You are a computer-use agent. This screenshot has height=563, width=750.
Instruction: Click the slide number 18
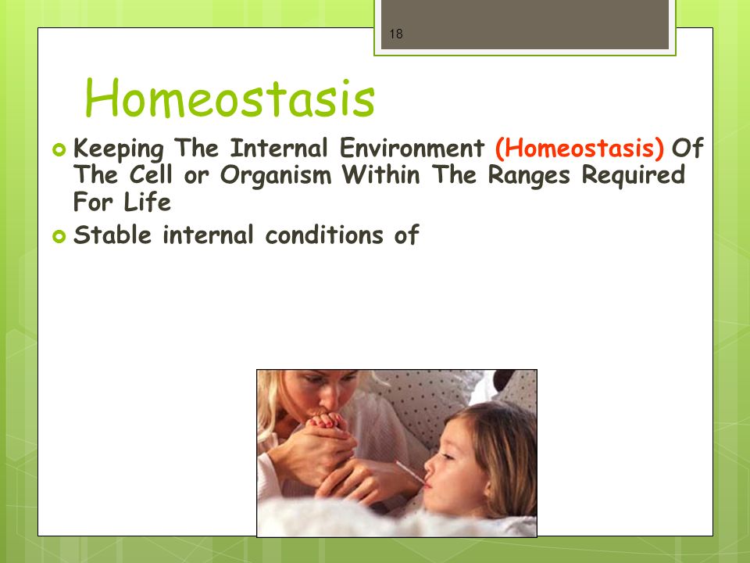pyautogui.click(x=396, y=34)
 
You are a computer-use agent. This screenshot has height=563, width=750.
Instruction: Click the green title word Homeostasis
pyautogui.click(x=230, y=99)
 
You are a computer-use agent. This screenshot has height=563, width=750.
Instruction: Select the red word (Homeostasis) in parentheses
pyautogui.click(x=579, y=148)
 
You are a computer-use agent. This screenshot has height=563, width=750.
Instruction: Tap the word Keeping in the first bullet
pyautogui.click(x=118, y=149)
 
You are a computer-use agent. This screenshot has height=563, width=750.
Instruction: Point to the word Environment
pyautogui.click(x=412, y=148)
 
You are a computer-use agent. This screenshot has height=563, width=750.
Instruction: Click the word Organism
pyautogui.click(x=276, y=176)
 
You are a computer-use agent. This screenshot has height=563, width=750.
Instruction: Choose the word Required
pyautogui.click(x=634, y=175)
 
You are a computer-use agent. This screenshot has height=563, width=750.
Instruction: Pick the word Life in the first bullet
pyautogui.click(x=147, y=202)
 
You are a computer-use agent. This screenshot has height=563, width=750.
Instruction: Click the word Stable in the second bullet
pyautogui.click(x=112, y=235)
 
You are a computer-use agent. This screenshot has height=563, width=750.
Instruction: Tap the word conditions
pyautogui.click(x=325, y=235)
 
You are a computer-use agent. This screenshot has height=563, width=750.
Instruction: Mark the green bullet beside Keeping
pyautogui.click(x=59, y=150)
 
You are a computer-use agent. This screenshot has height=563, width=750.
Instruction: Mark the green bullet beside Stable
pyautogui.click(x=59, y=236)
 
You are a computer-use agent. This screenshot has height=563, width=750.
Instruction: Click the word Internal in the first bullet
pyautogui.click(x=279, y=148)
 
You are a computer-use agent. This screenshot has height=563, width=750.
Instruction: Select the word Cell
pyautogui.click(x=150, y=174)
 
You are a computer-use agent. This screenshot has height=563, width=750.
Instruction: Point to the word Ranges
pyautogui.click(x=529, y=176)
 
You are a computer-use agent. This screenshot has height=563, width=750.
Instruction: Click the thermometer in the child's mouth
pyautogui.click(x=412, y=473)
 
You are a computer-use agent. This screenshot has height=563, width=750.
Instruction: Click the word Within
pyautogui.click(x=380, y=174)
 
